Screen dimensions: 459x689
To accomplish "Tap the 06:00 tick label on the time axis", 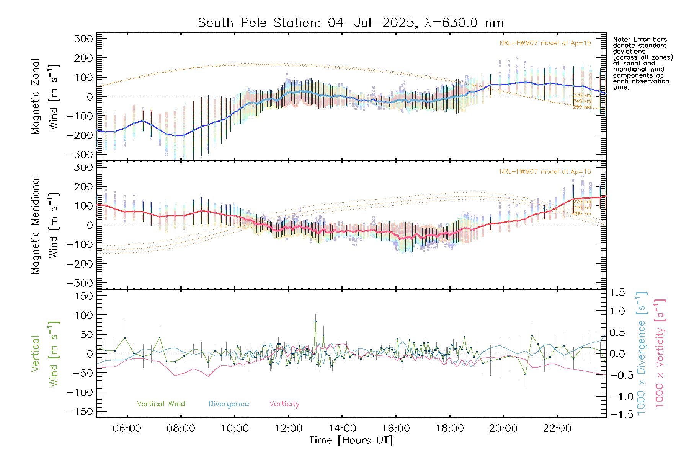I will tap(127, 428).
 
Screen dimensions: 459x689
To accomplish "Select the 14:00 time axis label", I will tap(342, 428).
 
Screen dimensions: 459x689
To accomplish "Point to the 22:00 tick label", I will tap(557, 428).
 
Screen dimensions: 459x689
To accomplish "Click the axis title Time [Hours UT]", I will tap(351, 440).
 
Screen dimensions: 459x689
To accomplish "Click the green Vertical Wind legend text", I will tap(161, 404).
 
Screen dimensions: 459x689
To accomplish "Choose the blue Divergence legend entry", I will tap(229, 404).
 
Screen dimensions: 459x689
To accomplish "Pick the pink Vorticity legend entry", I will tap(284, 404).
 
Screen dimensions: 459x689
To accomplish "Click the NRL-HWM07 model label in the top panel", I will tap(545, 43).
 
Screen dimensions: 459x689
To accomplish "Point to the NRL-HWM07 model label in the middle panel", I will tap(545, 172).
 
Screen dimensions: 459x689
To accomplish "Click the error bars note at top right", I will tap(643, 63).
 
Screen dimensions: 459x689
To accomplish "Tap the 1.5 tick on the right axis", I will tap(617, 293).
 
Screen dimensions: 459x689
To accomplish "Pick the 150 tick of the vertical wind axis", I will tap(84, 296).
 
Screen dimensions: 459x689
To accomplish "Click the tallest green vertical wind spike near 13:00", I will tap(315, 321).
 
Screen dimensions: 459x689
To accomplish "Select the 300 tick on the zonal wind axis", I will tap(84, 39).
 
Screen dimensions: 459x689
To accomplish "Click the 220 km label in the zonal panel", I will tap(582, 96).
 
